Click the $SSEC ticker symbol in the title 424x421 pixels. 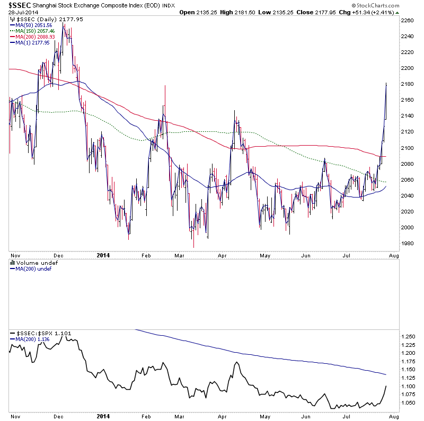pos(16,5)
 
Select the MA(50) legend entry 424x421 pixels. pos(32,25)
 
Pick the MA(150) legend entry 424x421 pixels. pos(32,31)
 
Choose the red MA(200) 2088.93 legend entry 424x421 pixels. pos(32,37)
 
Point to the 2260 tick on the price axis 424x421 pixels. pos(408,21)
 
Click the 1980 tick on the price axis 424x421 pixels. pos(408,244)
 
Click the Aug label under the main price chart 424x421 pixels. pos(395,255)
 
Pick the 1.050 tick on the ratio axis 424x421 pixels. pos(409,403)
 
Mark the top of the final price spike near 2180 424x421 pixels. pos(386,84)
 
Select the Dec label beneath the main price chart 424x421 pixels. pos(58,255)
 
